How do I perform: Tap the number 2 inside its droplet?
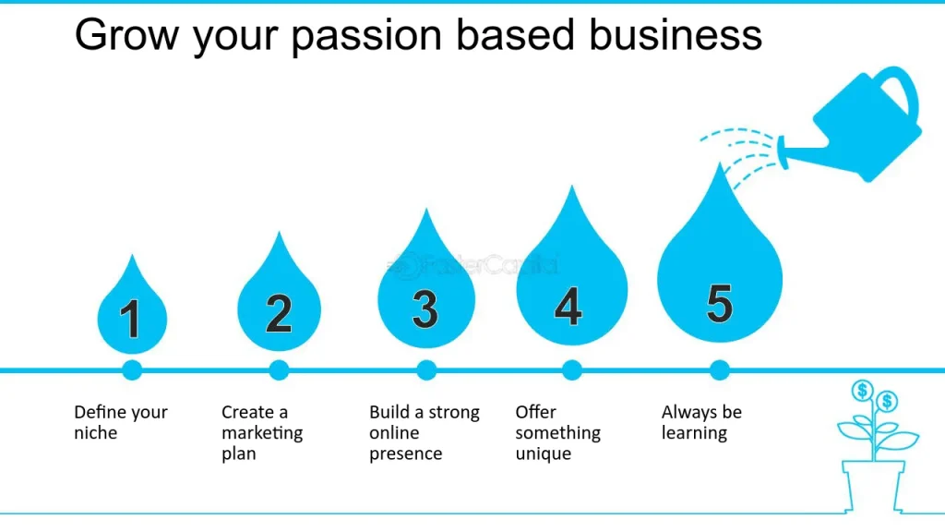[x=279, y=313]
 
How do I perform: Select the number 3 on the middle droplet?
[x=425, y=309]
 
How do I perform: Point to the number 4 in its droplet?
[x=568, y=306]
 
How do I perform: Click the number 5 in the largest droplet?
[x=719, y=302]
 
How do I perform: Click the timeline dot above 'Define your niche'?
[x=132, y=370]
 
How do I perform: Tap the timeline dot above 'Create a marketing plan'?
[x=279, y=370]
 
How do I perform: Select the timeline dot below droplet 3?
[x=425, y=370]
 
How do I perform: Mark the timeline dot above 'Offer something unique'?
[x=572, y=370]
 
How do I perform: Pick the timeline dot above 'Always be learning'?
[x=720, y=370]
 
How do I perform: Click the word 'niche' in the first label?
[x=96, y=433]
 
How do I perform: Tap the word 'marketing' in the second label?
[x=262, y=433]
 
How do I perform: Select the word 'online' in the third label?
[x=395, y=433]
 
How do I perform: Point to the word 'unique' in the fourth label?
[x=544, y=454]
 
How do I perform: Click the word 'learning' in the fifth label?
[x=695, y=433]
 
